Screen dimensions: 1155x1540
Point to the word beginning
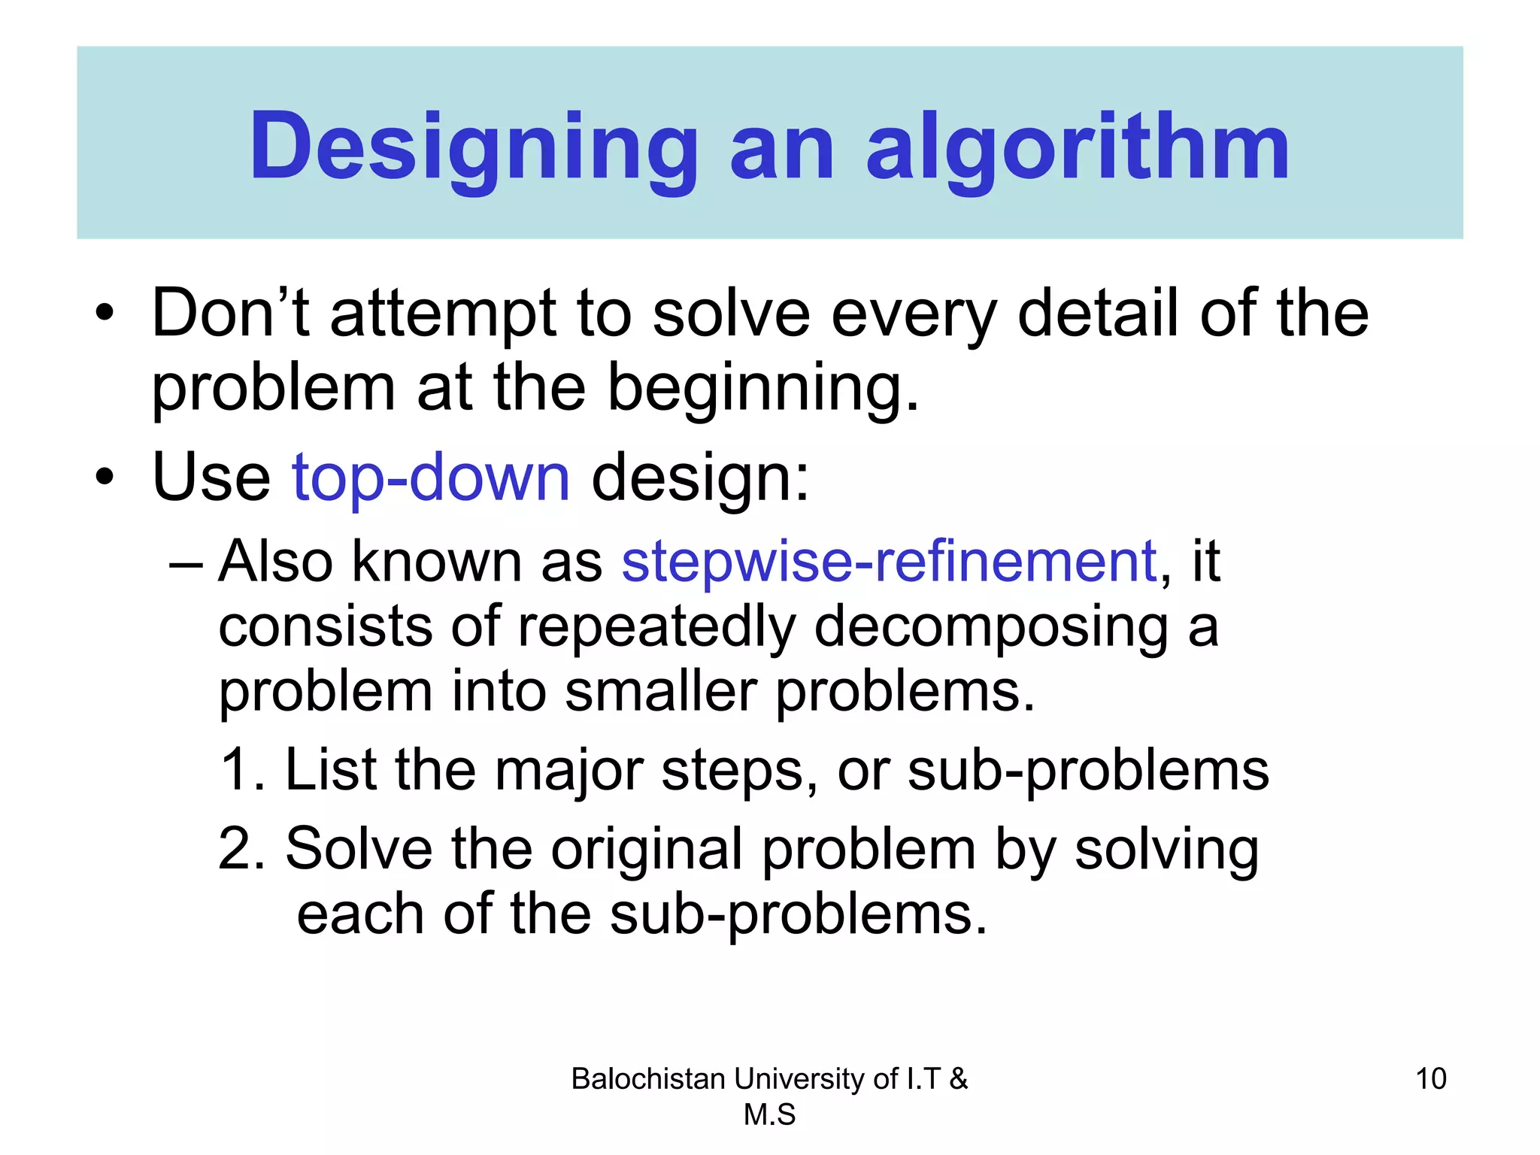point(762,388)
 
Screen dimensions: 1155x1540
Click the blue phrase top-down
point(431,477)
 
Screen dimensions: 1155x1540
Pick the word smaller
point(661,691)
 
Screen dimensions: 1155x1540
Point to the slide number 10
point(1430,1079)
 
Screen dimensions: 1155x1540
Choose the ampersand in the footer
point(958,1079)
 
